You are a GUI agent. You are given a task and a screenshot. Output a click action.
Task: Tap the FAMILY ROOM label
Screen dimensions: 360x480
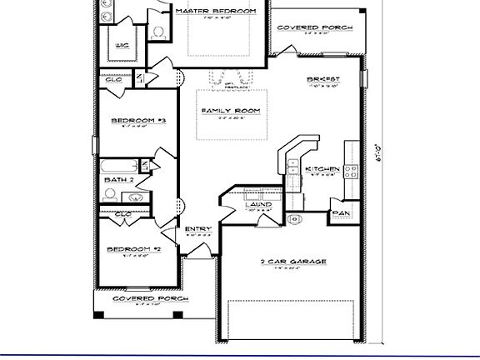pos(231,111)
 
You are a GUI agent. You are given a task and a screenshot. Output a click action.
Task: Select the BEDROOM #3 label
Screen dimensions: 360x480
pos(139,121)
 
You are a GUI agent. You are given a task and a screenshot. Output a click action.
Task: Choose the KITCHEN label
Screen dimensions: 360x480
pos(322,170)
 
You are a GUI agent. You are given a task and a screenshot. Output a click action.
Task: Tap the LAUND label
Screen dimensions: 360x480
pos(258,203)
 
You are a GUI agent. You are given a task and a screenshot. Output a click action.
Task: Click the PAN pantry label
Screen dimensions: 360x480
pos(341,214)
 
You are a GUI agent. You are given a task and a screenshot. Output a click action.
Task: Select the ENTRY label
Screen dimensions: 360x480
pos(198,229)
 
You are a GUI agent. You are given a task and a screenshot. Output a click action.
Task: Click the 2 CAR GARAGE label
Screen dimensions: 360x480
pos(292,262)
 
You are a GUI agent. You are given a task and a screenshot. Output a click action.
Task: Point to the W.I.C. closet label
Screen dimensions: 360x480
pos(122,46)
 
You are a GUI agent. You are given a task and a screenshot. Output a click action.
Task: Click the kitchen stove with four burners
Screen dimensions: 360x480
pos(351,172)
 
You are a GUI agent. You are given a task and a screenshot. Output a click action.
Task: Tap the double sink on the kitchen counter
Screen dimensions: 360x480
pos(293,171)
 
